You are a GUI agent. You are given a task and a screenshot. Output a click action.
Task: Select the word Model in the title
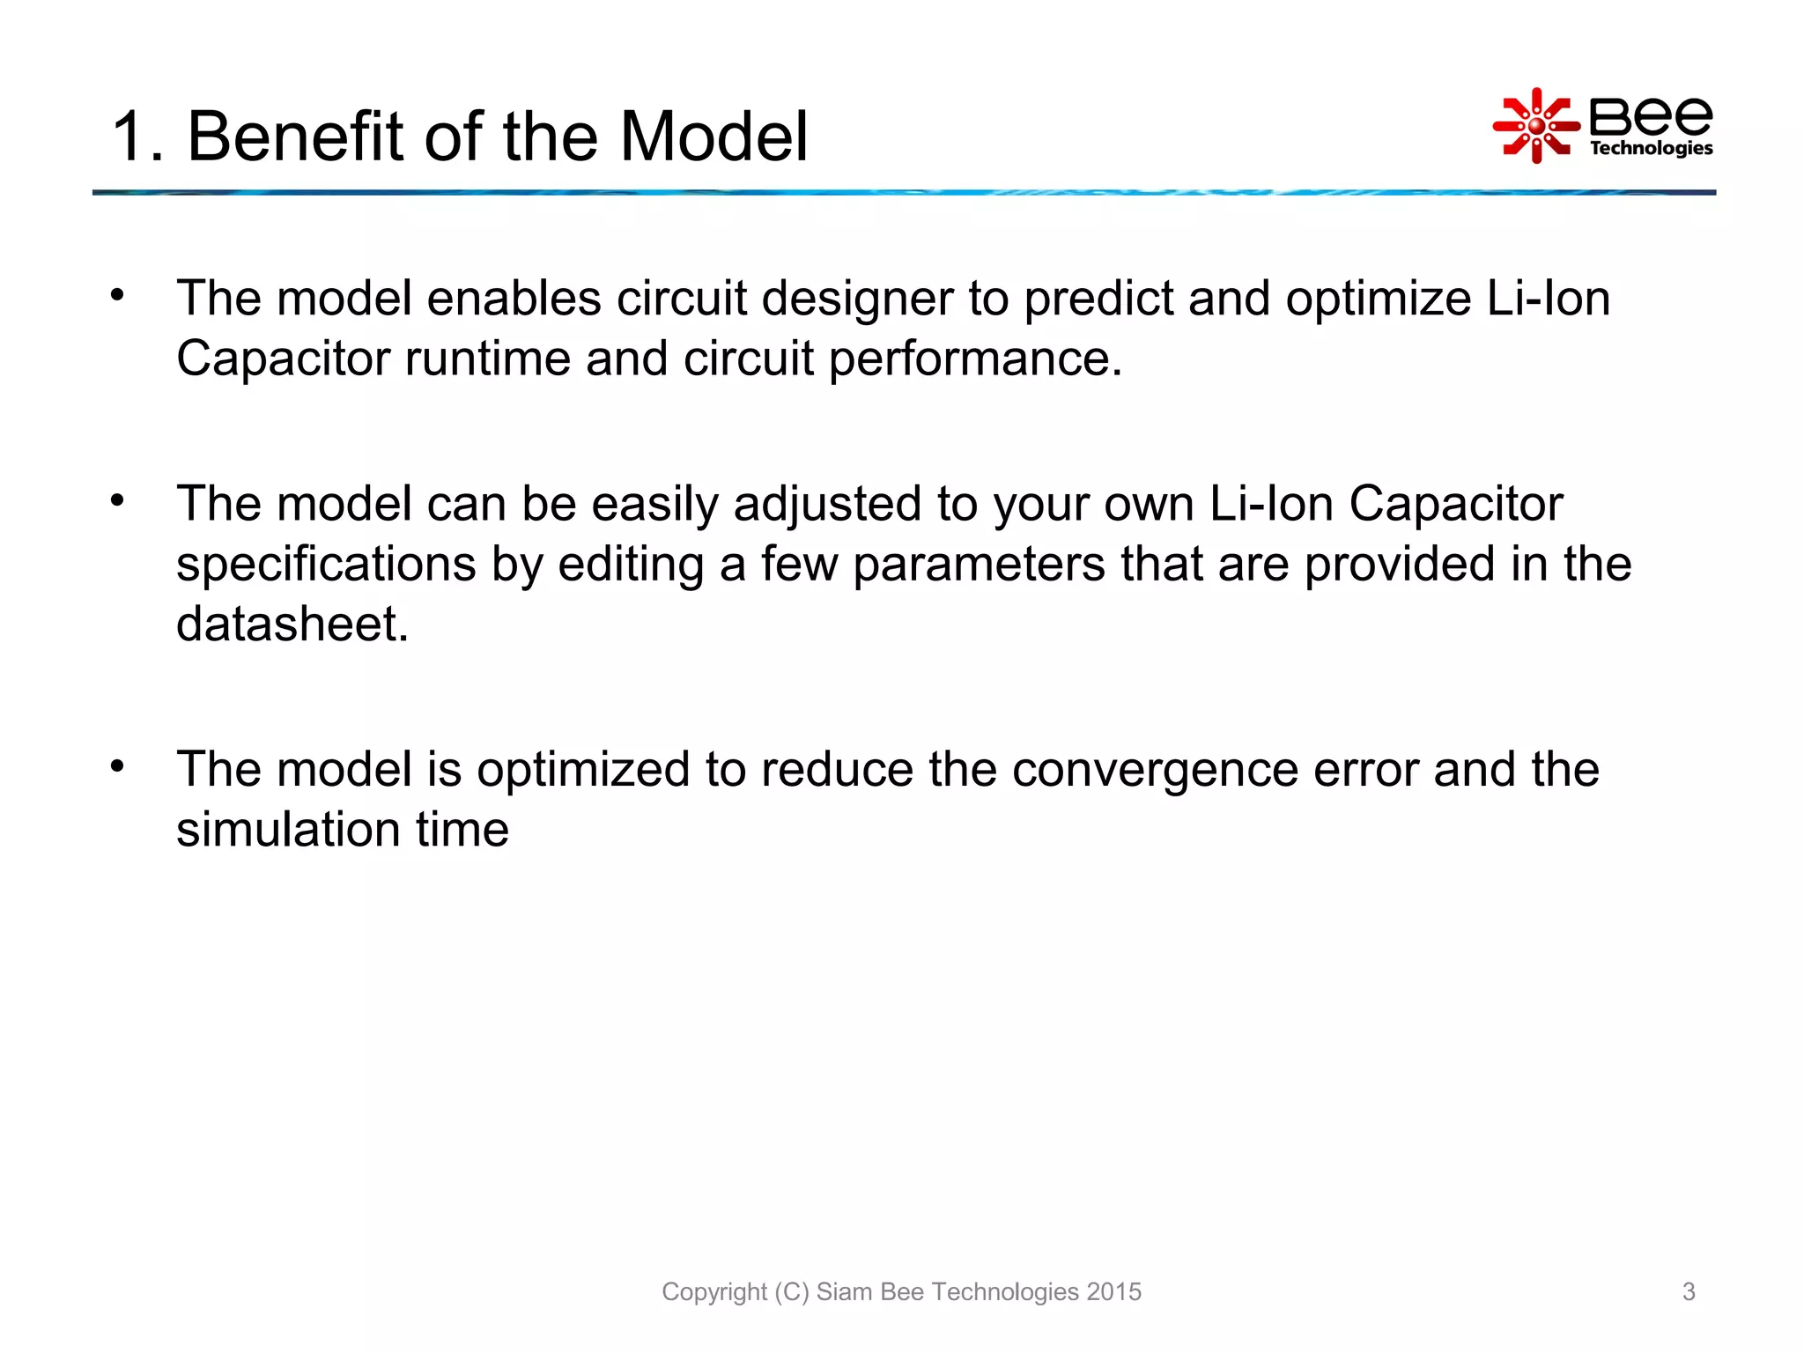[713, 137]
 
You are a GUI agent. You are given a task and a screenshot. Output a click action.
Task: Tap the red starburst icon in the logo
[1536, 126]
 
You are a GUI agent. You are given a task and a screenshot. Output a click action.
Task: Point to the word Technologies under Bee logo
[1651, 148]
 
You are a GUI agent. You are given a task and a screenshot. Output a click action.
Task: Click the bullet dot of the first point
[118, 295]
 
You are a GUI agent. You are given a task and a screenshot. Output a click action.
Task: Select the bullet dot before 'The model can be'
[118, 500]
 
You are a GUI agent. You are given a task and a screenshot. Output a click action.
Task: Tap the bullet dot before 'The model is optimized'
[118, 766]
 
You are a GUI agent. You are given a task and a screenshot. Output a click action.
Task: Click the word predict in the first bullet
[1098, 299]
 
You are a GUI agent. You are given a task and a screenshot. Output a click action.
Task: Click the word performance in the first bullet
[975, 359]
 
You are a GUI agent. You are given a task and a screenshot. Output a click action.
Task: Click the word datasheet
[292, 625]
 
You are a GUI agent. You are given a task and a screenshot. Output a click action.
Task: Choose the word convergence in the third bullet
[1155, 770]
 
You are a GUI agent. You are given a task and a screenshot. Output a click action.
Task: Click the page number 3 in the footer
[1689, 1291]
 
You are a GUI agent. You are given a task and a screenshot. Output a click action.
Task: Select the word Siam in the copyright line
[841, 1291]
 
